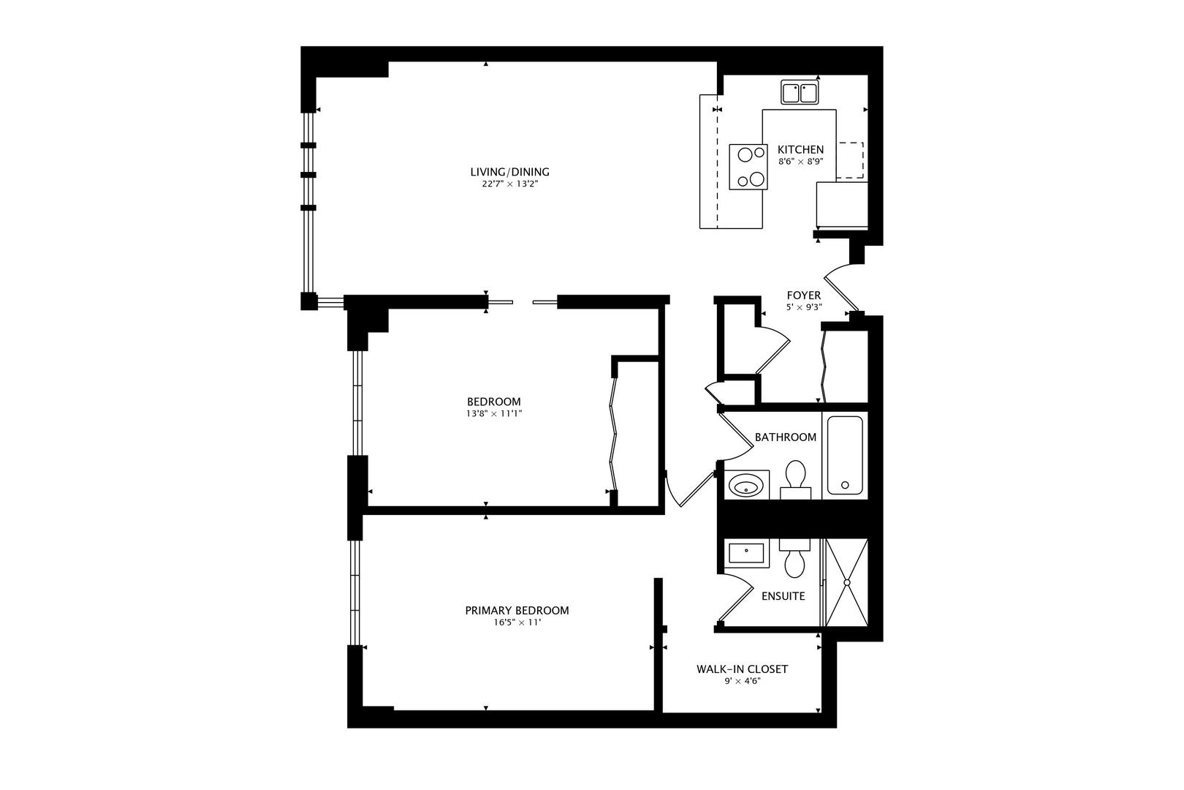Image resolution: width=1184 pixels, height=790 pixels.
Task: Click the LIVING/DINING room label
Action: coord(509,172)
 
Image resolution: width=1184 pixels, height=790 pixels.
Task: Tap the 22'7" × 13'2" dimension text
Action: coord(509,184)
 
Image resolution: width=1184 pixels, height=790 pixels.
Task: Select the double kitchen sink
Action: coord(800,93)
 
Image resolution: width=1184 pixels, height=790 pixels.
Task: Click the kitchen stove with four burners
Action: coord(748,167)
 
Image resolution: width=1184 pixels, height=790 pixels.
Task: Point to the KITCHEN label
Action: coord(800,149)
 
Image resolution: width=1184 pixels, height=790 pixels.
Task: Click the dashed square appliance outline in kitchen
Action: coord(850,161)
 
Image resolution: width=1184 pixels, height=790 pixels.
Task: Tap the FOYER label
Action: coord(803,296)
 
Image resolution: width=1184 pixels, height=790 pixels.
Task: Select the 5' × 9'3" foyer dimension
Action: coord(804,307)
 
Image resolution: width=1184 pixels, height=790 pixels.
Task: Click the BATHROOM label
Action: coord(785,437)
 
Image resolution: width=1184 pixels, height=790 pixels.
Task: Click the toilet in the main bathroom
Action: coord(795,476)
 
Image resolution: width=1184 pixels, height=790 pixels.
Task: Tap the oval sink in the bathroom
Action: coord(746,485)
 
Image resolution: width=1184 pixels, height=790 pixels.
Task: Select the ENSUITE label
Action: coord(783,596)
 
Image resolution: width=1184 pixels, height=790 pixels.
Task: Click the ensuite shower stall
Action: coord(846,583)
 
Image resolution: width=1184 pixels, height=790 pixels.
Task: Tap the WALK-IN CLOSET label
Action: coord(742,669)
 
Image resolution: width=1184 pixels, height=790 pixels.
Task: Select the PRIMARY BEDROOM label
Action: coord(517,611)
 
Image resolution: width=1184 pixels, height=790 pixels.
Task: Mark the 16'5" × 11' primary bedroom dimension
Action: coord(517,623)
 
